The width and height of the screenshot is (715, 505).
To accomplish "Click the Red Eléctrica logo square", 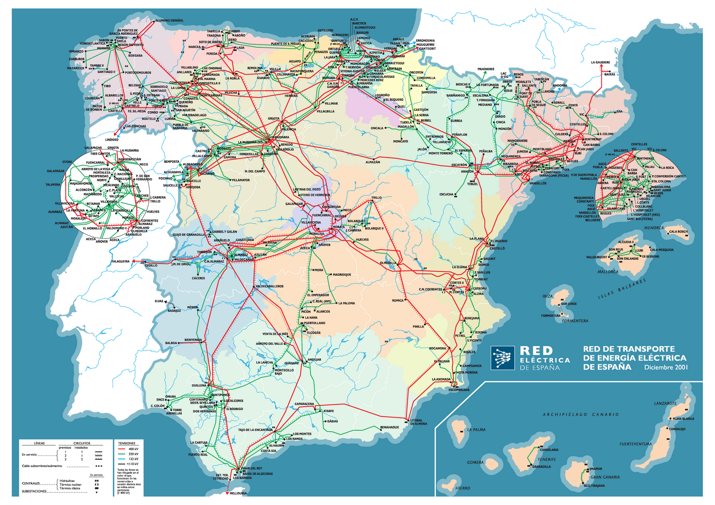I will [502, 358].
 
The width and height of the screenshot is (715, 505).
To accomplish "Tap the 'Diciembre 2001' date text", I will [665, 367].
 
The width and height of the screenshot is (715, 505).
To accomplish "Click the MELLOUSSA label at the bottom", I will [238, 493].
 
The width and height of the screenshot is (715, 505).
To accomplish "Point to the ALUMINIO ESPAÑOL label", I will [169, 21].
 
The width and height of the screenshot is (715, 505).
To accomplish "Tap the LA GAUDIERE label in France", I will [600, 63].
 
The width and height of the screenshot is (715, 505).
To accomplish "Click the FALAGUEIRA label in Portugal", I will [120, 262].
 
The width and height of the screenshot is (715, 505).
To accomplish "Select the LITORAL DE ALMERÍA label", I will [418, 422].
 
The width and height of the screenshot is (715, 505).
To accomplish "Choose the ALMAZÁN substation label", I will [373, 162].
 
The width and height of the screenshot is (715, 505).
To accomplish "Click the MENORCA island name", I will [654, 228].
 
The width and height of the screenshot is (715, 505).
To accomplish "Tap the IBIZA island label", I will [547, 296].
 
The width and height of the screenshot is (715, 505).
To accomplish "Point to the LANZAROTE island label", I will [665, 403].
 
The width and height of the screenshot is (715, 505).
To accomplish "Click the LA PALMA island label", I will [476, 430].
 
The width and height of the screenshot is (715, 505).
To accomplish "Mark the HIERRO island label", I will [463, 488].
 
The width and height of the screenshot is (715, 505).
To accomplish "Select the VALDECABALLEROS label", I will [269, 286].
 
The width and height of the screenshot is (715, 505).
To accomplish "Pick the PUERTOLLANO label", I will [315, 323].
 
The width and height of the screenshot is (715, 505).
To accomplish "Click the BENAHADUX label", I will [389, 427].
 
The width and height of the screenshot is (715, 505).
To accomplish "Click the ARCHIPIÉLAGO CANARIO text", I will [580, 414].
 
